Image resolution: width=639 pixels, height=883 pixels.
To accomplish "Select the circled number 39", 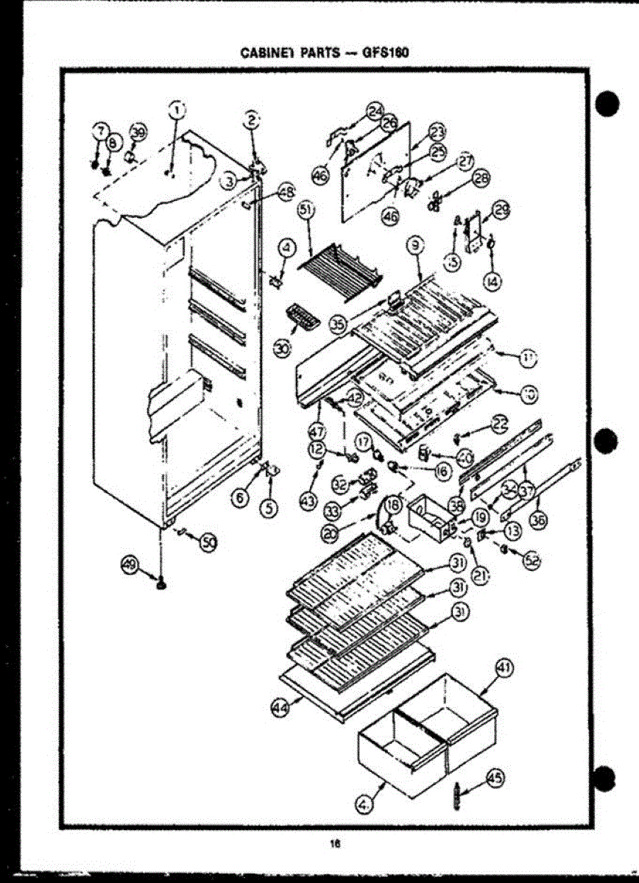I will point(138,132).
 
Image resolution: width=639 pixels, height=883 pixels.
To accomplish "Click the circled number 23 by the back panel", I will point(437,132).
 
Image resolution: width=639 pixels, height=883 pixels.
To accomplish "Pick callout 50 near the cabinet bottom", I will point(209,542).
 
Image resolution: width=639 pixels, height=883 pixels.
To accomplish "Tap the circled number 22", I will point(501,424).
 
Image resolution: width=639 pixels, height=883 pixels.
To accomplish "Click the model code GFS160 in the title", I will point(384,54).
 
